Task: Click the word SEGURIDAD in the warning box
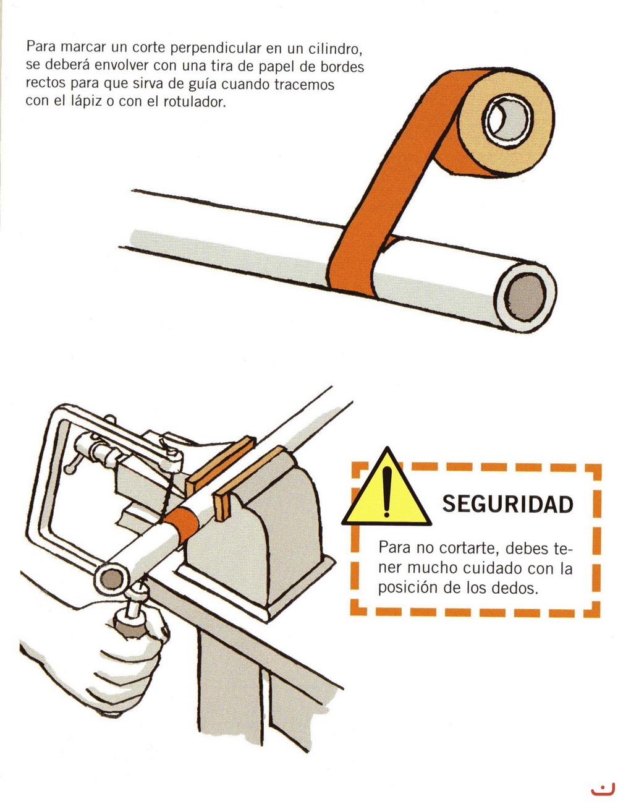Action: coord(507,504)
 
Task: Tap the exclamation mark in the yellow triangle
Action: coord(387,491)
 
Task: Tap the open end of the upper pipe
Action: coord(525,299)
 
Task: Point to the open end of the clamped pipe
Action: coord(112,579)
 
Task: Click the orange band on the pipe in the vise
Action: coord(182,524)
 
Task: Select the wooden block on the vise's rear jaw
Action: coord(220,464)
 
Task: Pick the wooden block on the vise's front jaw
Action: coord(250,482)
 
